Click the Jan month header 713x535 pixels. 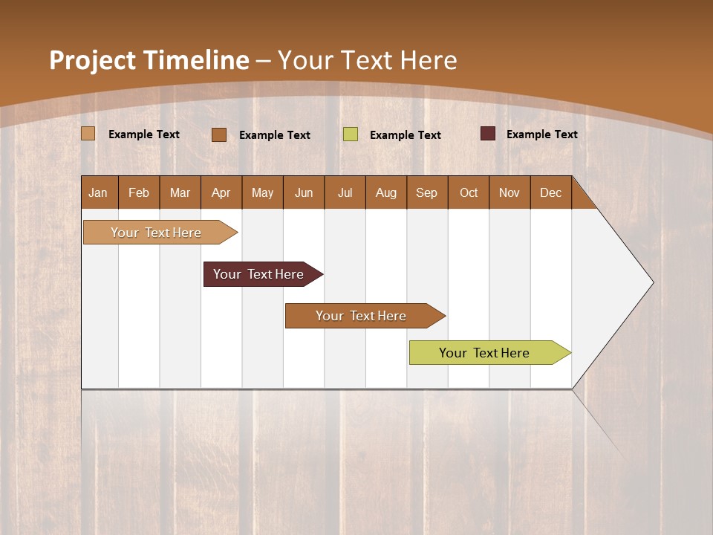(x=99, y=192)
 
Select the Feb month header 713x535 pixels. (x=139, y=192)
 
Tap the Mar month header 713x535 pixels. (x=180, y=192)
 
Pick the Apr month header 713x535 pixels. (x=221, y=192)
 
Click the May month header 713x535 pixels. (x=262, y=192)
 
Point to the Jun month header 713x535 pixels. (x=304, y=192)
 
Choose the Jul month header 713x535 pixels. (x=345, y=192)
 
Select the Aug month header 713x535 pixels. (x=386, y=192)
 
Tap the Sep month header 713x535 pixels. (x=427, y=192)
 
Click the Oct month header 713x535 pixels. (x=469, y=192)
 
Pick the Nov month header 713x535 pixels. (x=509, y=192)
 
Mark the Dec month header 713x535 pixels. (x=551, y=192)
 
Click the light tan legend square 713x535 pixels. (x=88, y=134)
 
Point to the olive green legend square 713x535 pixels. (x=351, y=134)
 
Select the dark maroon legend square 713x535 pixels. (x=487, y=134)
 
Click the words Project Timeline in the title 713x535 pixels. (x=149, y=60)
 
